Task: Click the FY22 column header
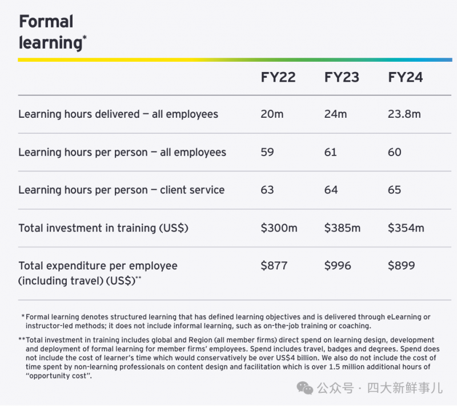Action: pyautogui.click(x=278, y=77)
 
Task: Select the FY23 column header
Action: pyautogui.click(x=342, y=77)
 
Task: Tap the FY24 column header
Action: pyautogui.click(x=406, y=77)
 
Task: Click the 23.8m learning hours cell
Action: pyautogui.click(x=404, y=114)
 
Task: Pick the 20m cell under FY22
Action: pyautogui.click(x=272, y=114)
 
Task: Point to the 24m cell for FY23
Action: pyautogui.click(x=335, y=114)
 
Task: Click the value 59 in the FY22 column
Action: pyautogui.click(x=267, y=152)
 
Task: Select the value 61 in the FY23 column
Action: pyautogui.click(x=331, y=152)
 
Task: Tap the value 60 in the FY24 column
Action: pyautogui.click(x=395, y=152)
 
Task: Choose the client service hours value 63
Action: pyautogui.click(x=267, y=190)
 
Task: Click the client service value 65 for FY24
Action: pyautogui.click(x=395, y=190)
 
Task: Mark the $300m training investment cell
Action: pyautogui.click(x=279, y=228)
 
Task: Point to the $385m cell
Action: pyautogui.click(x=342, y=228)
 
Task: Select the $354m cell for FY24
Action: pyautogui.click(x=406, y=228)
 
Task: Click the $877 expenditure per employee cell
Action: pyautogui.click(x=274, y=266)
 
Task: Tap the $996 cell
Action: pyautogui.click(x=338, y=266)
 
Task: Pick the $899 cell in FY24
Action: pyautogui.click(x=402, y=266)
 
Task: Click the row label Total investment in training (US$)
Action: pyautogui.click(x=103, y=228)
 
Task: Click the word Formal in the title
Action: pyautogui.click(x=46, y=22)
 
